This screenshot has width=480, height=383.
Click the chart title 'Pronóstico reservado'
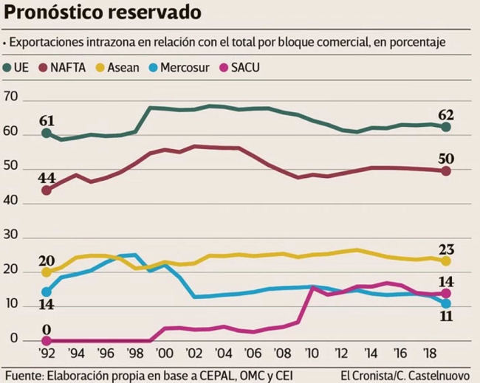[x=103, y=13]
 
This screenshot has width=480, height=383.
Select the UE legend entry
[x=16, y=68]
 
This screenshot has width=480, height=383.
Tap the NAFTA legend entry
[x=63, y=68]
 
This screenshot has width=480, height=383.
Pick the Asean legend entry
[x=118, y=68]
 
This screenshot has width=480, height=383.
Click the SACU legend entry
[x=240, y=68]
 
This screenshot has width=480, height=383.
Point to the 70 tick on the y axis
[x=11, y=97]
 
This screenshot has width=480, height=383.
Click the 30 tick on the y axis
[x=11, y=235]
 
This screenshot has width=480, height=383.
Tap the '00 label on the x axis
[x=165, y=353]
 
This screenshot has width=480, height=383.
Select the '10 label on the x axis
[x=312, y=353]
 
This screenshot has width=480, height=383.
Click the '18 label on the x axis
[x=430, y=353]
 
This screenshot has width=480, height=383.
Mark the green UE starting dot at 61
[x=47, y=133]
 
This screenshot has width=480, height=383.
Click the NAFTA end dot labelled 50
[x=446, y=171]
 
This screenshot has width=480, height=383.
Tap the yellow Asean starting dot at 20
[x=47, y=272]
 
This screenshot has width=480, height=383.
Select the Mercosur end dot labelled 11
[x=446, y=303]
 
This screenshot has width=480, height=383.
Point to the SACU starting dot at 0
[x=47, y=340]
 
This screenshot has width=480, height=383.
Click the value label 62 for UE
[x=446, y=115]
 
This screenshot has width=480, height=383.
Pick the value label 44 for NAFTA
[x=47, y=178]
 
